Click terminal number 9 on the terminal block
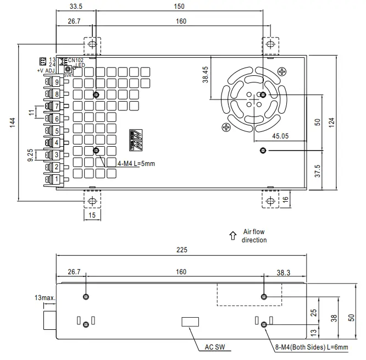57,82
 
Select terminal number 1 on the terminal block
57,179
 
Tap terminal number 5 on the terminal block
57,131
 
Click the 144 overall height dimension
13,123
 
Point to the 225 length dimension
182,250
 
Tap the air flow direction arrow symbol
232,236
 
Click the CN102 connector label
76,60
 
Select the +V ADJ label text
47,71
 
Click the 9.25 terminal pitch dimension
31,155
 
